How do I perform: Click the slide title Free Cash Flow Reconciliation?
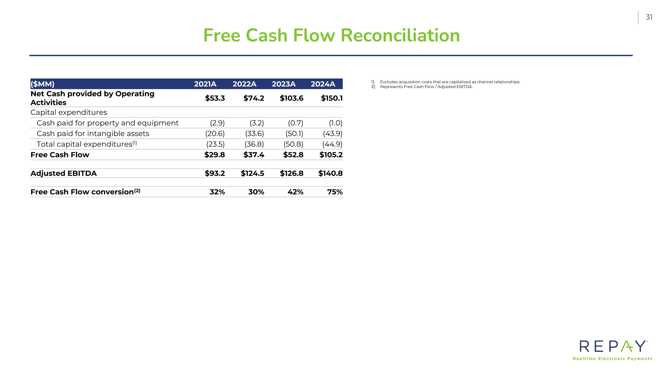point(331,36)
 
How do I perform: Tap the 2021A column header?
point(205,84)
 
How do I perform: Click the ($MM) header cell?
point(42,84)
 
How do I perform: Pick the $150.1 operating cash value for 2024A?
point(331,98)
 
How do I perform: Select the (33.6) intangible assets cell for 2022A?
point(254,134)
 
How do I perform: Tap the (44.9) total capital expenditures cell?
point(332,144)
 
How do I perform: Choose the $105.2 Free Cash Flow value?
point(331,155)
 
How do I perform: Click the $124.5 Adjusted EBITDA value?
point(252,174)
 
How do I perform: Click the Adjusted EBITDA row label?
point(64,174)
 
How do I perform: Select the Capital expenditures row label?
point(69,113)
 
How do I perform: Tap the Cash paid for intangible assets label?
point(93,134)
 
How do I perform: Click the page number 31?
point(649,17)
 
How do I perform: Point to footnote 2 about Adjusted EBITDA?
point(426,87)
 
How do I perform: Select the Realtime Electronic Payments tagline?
point(612,359)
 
